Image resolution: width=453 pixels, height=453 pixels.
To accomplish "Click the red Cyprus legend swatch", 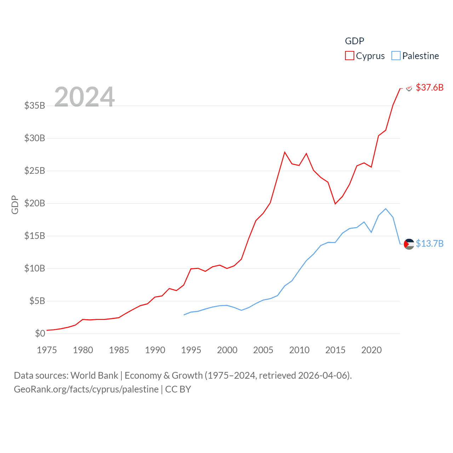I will coord(349,56).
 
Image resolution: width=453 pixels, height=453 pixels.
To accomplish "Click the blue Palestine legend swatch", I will coord(396,56).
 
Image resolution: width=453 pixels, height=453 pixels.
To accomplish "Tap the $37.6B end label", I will coord(429,87).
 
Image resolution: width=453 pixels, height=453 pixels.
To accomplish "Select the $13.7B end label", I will coord(429,243).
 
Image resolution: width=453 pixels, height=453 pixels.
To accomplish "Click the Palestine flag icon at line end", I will coord(409,244).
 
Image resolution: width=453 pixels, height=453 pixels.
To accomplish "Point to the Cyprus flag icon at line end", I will coord(409,88).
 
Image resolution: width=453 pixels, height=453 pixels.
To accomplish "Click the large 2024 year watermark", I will coord(85,97).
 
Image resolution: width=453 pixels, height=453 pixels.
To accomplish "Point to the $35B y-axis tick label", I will coord(35,105).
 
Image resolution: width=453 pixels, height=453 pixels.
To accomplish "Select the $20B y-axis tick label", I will coord(35,203).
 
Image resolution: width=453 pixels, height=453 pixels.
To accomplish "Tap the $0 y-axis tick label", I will coord(40,333).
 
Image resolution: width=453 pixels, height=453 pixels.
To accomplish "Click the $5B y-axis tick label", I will coord(37,301).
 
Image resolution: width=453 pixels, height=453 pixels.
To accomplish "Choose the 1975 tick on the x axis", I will coord(47,350).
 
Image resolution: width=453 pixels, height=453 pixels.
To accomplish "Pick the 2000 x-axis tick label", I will coord(227,350).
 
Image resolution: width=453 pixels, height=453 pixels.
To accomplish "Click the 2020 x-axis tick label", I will coord(372,350).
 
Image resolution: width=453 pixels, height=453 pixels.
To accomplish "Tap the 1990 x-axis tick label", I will coord(155,350).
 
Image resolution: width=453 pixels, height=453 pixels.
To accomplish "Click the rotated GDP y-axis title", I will coord(15,205).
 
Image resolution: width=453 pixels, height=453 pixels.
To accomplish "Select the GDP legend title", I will coord(354,41).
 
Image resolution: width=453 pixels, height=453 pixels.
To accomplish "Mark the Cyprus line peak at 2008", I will coord(285,152).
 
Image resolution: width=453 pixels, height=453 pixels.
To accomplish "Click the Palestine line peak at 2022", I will coord(386,209).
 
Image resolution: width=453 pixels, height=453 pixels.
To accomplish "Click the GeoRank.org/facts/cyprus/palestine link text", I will coord(86,389).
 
